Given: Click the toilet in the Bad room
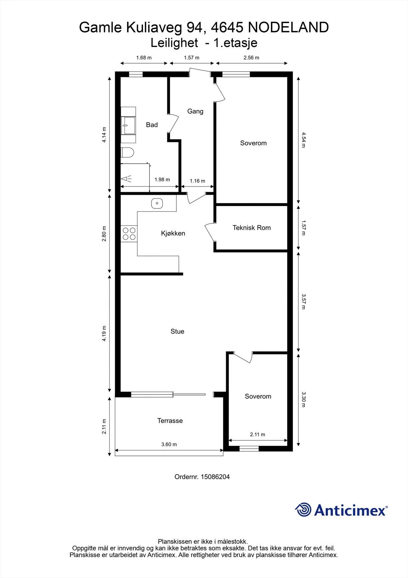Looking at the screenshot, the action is pyautogui.click(x=127, y=152).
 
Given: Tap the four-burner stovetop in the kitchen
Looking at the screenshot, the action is pyautogui.click(x=129, y=234).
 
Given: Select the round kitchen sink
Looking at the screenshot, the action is pyautogui.click(x=157, y=203).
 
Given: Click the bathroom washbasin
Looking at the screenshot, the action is pyautogui.click(x=128, y=125).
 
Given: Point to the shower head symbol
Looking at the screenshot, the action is pyautogui.click(x=126, y=178).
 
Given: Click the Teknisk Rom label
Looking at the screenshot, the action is pyautogui.click(x=251, y=228).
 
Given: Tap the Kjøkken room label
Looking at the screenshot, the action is pyautogui.click(x=173, y=233).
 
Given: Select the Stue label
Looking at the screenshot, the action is pyautogui.click(x=177, y=331).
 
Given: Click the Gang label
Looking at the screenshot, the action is pyautogui.click(x=195, y=112).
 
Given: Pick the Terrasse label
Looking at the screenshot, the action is pyautogui.click(x=170, y=420).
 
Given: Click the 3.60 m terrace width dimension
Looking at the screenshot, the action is pyautogui.click(x=169, y=444).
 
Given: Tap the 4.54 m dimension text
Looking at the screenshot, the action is pyautogui.click(x=303, y=140).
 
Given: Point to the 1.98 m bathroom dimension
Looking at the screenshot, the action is pyautogui.click(x=162, y=180).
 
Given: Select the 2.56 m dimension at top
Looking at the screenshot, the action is pyautogui.click(x=251, y=58).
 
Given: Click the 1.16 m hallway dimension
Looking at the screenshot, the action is pyautogui.click(x=197, y=181).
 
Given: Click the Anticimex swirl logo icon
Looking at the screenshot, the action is pyautogui.click(x=303, y=510).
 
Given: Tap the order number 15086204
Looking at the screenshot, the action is pyautogui.click(x=215, y=476).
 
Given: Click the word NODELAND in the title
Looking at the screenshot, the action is pyautogui.click(x=288, y=27).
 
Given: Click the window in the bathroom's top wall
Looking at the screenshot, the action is pyautogui.click(x=136, y=74).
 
